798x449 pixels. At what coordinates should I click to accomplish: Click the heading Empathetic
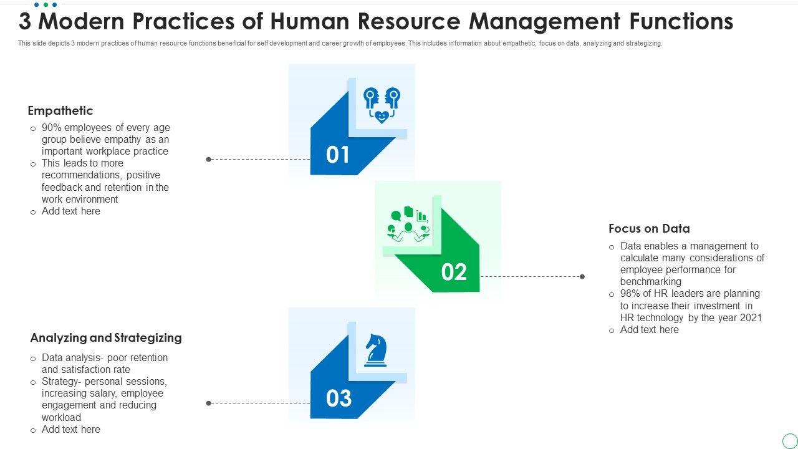coord(60,111)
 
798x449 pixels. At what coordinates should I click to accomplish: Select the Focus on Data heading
coord(649,229)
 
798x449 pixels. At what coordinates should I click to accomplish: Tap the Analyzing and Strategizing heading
coord(106,338)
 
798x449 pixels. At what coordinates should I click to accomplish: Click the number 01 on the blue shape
coord(338,155)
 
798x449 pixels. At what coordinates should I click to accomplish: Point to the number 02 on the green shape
coord(454,272)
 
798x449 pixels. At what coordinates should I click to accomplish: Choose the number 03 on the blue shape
coord(339,398)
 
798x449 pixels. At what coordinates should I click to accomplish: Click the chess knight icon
coord(375,350)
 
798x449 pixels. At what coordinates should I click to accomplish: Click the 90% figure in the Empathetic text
coord(52,128)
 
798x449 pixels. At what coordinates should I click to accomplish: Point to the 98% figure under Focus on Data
coord(631,294)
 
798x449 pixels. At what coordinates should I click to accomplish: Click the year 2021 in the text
coord(751,318)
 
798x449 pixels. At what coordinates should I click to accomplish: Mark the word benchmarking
coord(651,282)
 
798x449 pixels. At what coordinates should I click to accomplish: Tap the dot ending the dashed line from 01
coord(209,160)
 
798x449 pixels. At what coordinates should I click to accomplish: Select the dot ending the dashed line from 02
coord(582,277)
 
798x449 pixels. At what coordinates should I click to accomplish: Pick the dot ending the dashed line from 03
coord(209,403)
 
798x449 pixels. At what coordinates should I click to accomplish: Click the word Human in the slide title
coord(305,22)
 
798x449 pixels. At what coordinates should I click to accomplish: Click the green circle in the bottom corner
coord(789,440)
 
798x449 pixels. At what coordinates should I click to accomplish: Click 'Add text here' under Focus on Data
coord(649,330)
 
